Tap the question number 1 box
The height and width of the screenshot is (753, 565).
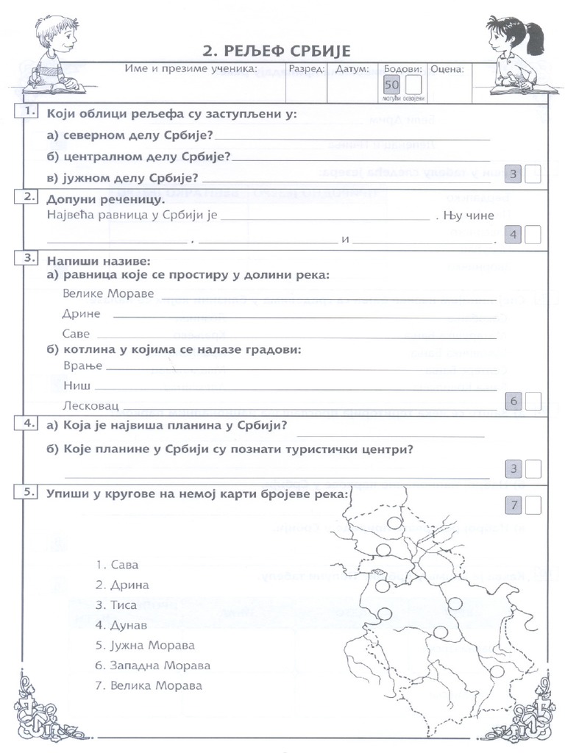click(29, 112)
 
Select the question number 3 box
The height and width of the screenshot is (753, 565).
click(29, 258)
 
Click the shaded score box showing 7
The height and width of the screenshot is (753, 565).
click(515, 505)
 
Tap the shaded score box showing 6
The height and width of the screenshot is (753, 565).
click(515, 401)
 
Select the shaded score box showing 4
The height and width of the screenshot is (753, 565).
click(515, 235)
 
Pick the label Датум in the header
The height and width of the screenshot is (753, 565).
click(352, 69)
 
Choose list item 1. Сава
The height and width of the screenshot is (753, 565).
click(117, 565)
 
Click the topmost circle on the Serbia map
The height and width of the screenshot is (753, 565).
click(394, 523)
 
